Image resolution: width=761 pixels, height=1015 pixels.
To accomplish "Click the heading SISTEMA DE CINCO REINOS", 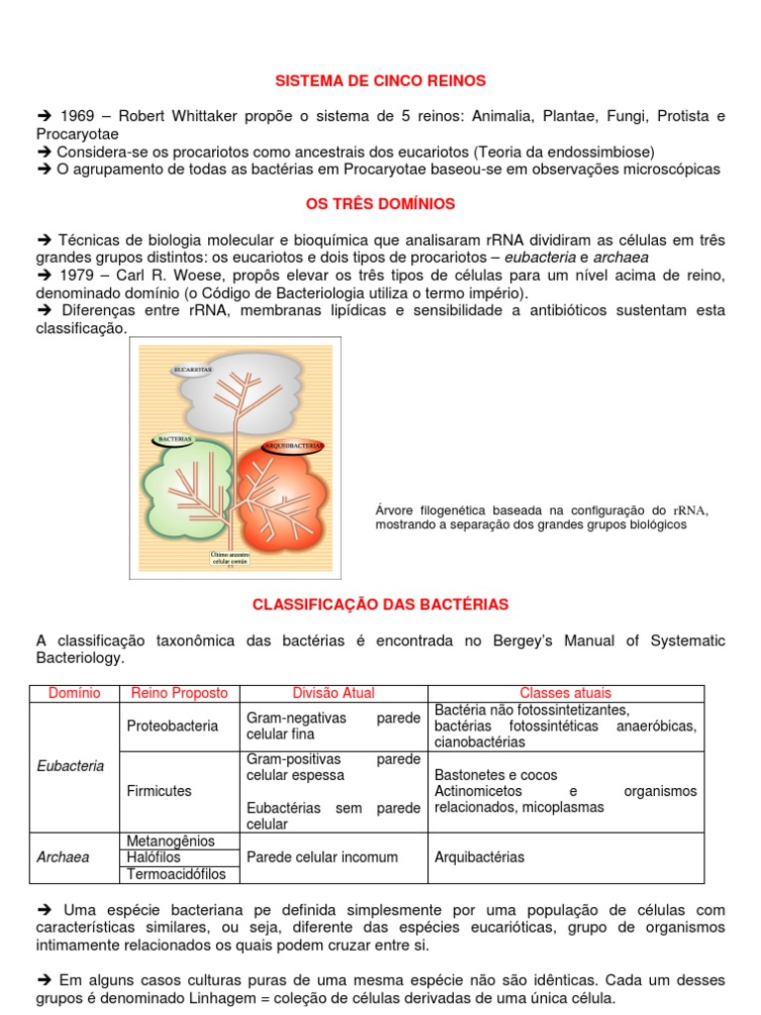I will pyautogui.click(x=380, y=80).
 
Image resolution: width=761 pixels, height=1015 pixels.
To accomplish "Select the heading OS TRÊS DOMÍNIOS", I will pyautogui.click(x=380, y=204).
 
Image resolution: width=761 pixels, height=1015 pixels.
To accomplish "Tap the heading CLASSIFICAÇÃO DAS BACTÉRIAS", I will pyautogui.click(x=380, y=604).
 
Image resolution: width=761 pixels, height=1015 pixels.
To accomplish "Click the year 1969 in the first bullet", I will pyautogui.click(x=77, y=116).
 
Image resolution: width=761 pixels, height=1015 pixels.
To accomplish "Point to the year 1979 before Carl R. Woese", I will pyautogui.click(x=76, y=276).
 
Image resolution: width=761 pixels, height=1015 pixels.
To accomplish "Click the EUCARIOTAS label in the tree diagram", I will pyautogui.click(x=192, y=370).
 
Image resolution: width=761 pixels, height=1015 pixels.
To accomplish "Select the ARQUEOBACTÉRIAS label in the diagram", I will pyautogui.click(x=293, y=447).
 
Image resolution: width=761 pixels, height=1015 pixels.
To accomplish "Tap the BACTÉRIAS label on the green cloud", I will pyautogui.click(x=174, y=437).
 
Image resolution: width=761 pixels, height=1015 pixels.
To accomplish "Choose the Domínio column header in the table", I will pyautogui.click(x=74, y=694).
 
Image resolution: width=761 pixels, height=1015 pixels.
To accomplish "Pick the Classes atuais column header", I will pyautogui.click(x=565, y=694).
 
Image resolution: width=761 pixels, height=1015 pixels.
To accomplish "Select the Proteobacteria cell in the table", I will pyautogui.click(x=172, y=727).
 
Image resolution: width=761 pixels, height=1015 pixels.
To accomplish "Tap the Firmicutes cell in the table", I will pyautogui.click(x=160, y=792).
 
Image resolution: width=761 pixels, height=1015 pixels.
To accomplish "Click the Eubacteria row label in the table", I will pyautogui.click(x=70, y=766).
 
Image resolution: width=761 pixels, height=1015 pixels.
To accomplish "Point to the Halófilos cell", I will pyautogui.click(x=155, y=857).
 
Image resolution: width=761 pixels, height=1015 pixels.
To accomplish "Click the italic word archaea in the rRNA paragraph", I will pyautogui.click(x=620, y=258).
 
